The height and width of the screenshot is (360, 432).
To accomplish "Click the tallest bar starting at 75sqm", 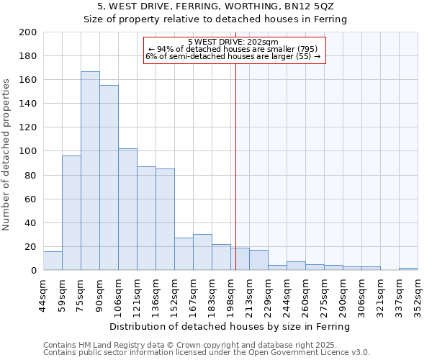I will pos(90,171).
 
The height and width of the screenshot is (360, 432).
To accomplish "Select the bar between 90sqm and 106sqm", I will pos(109,178).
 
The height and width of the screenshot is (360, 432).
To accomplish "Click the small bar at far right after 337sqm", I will pos(408,269).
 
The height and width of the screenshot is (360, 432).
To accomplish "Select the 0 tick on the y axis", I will pos(33,271).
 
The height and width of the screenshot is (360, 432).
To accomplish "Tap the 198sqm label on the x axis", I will pos(231,293).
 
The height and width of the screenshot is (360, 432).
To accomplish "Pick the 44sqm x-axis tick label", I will pos(44,293).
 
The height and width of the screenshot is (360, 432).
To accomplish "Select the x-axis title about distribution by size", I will pos(230,326).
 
